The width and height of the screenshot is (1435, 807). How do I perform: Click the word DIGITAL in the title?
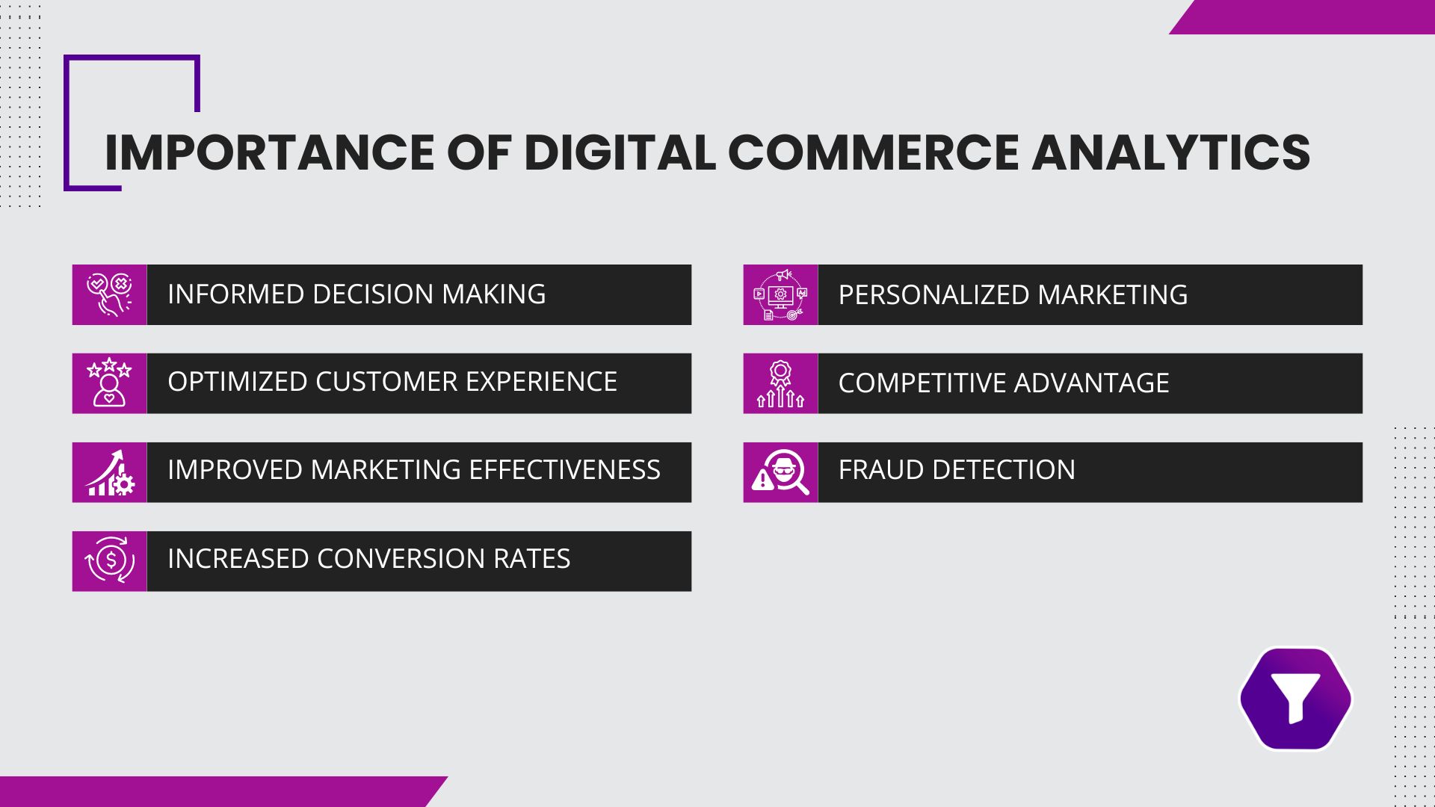tap(620, 152)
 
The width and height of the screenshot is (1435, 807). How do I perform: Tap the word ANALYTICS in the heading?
tap(1170, 152)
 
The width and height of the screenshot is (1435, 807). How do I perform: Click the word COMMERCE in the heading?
tap(873, 152)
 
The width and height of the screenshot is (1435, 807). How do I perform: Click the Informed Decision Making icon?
tap(109, 294)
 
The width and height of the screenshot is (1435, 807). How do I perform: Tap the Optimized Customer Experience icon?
tap(109, 383)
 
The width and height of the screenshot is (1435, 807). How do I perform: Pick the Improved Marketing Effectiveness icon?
tap(109, 472)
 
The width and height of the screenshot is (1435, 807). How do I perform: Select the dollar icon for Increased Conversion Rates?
tap(109, 561)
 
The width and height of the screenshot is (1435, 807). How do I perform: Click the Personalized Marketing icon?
tap(780, 294)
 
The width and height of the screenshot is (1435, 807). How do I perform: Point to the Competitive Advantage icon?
tap(780, 383)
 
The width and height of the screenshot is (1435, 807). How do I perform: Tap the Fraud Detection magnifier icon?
tap(780, 472)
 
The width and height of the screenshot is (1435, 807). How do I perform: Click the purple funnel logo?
tap(1295, 699)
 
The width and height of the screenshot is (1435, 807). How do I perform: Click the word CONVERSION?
tap(401, 559)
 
